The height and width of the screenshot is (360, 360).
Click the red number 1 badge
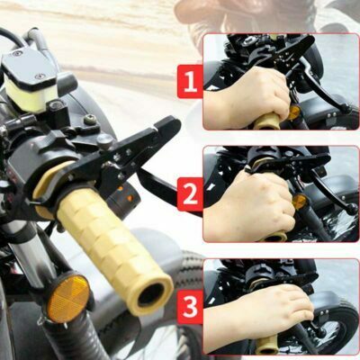coord(190,81)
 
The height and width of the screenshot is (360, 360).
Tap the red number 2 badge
coord(190,194)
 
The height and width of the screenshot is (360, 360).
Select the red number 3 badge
coord(190,307)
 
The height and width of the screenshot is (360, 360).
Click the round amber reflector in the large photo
coord(68,299)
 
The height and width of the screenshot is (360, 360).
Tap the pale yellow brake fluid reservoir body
coord(31,95)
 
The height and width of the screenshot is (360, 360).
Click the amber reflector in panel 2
coord(300,202)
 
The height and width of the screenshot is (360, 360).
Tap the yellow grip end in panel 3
coord(267,345)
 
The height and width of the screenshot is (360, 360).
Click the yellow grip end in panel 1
coord(267,121)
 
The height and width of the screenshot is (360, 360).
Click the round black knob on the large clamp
coord(105,139)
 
